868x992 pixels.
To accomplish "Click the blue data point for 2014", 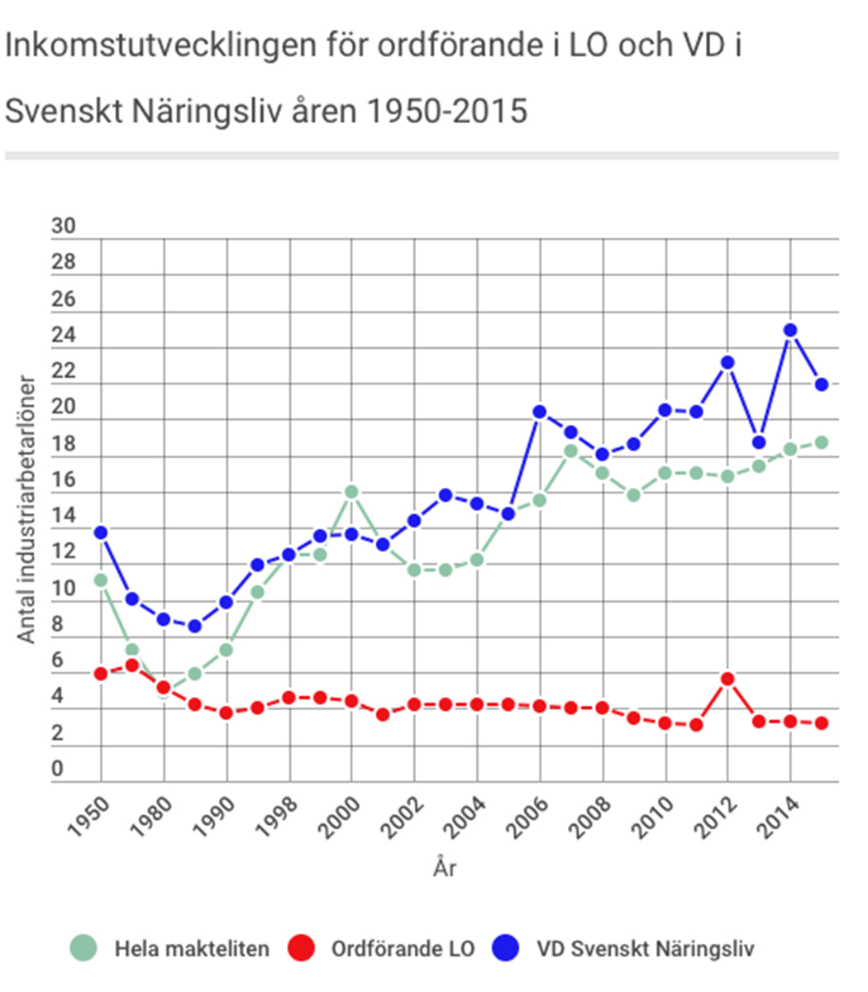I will [x=789, y=331].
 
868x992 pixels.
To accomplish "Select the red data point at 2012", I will [x=727, y=679].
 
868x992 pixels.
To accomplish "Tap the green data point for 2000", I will [x=351, y=492].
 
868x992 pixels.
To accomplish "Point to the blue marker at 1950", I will [x=101, y=532].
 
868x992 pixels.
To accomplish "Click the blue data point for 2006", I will [x=540, y=412].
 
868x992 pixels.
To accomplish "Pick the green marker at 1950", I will [x=101, y=580].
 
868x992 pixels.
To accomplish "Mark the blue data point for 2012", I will [x=727, y=362].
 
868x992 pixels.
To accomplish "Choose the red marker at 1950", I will [x=101, y=674].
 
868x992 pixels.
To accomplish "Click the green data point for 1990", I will [x=227, y=650].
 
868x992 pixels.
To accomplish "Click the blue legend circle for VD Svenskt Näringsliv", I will [x=506, y=948].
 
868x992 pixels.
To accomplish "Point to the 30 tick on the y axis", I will [x=63, y=227].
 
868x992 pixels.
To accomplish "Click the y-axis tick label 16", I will [x=63, y=480].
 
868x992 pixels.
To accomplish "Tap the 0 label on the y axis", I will [x=57, y=770].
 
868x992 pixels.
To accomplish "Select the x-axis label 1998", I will [x=277, y=817].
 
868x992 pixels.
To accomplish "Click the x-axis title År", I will [x=444, y=869].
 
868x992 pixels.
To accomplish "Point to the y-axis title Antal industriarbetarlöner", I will [x=27, y=509].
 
